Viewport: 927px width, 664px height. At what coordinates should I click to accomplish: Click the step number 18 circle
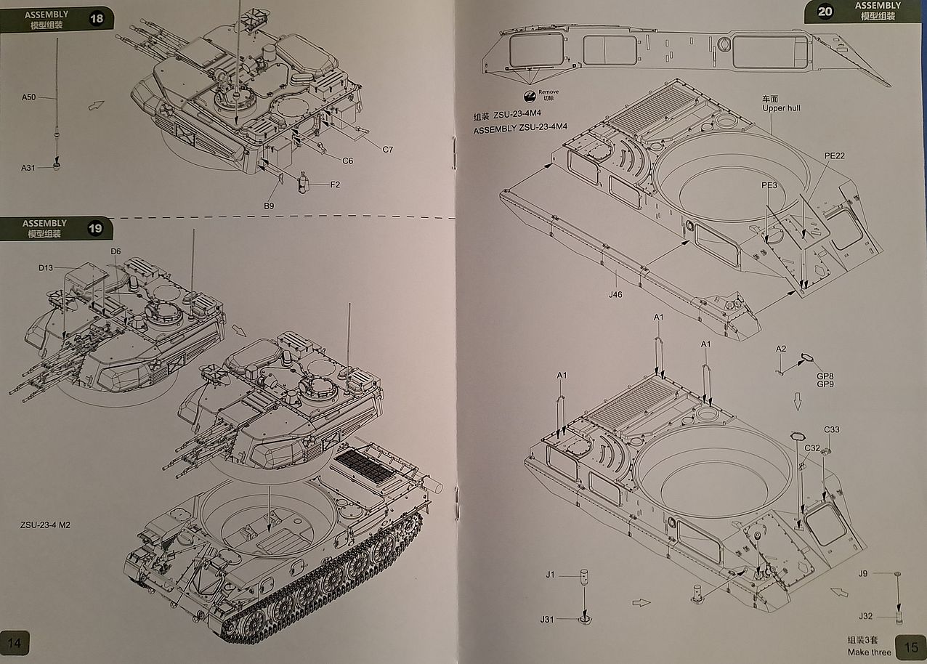(x=97, y=19)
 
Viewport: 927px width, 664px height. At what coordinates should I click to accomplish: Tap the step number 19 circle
(x=95, y=229)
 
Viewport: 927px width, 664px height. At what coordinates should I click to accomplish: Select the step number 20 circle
(x=825, y=12)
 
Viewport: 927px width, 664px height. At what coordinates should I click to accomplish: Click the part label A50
(x=28, y=97)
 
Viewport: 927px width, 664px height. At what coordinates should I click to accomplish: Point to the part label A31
(x=28, y=169)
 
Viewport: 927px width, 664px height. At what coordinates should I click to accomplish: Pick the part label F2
(x=335, y=185)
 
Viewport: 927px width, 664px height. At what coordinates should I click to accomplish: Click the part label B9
(x=269, y=206)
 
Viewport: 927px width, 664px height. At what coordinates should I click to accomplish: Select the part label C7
(x=388, y=150)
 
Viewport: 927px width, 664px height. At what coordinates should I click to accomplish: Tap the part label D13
(x=46, y=268)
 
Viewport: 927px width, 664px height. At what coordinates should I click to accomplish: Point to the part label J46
(x=617, y=295)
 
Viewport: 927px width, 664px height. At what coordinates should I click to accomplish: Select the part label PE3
(x=769, y=186)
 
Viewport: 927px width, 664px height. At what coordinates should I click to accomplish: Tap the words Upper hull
(x=781, y=108)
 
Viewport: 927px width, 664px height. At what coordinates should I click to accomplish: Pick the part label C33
(x=831, y=429)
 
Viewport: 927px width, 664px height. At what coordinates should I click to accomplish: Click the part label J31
(x=547, y=619)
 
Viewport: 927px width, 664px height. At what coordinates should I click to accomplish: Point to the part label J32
(x=865, y=616)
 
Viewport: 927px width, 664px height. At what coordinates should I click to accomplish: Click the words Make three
(x=869, y=652)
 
